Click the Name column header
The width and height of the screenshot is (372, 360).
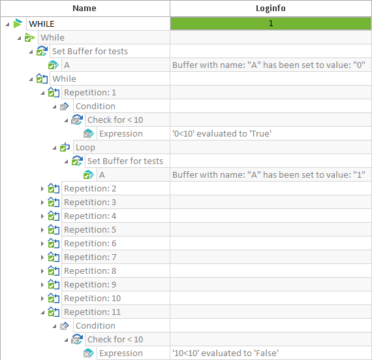click(x=84, y=8)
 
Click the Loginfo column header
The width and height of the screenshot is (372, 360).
click(x=271, y=8)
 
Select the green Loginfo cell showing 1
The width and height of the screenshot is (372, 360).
click(x=271, y=24)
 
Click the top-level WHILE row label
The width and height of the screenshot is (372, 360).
click(x=42, y=24)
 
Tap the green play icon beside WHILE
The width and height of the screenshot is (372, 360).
click(x=18, y=24)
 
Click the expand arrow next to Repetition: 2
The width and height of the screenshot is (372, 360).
click(x=42, y=189)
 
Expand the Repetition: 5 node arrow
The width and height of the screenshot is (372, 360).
click(x=42, y=230)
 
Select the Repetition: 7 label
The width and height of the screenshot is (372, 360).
click(x=90, y=257)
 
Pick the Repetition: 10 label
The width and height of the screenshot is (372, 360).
click(x=93, y=299)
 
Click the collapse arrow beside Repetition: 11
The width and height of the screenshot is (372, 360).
click(x=42, y=312)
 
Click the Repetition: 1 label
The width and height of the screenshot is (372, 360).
click(x=90, y=93)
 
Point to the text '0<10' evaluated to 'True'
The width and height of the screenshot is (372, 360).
click(x=222, y=134)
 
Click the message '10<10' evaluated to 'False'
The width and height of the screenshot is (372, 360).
click(x=225, y=353)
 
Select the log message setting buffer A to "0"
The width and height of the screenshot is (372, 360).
click(x=269, y=65)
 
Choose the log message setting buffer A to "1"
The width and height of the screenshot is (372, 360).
click(x=269, y=175)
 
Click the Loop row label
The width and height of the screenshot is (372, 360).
click(x=85, y=148)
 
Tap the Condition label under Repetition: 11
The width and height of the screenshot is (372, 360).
click(x=95, y=326)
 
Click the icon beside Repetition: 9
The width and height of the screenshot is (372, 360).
click(x=54, y=284)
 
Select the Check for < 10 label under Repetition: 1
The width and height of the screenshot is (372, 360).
click(x=116, y=120)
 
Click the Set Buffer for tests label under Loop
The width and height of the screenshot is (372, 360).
click(x=125, y=161)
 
